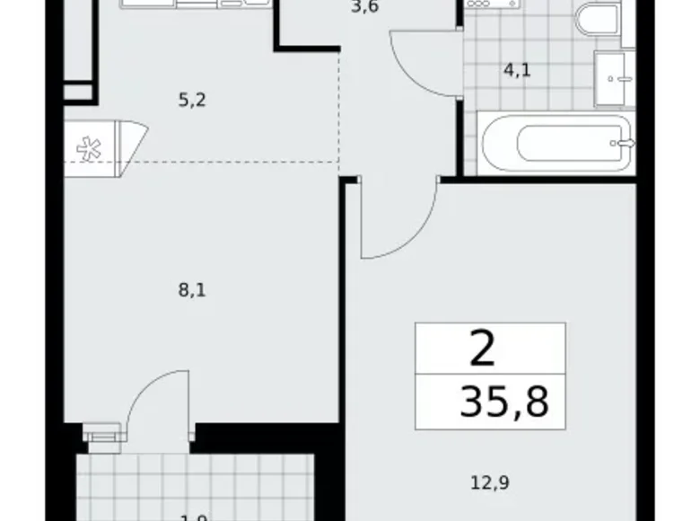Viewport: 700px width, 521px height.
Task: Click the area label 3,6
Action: pos(360,13)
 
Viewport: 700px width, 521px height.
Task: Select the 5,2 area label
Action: pos(192,101)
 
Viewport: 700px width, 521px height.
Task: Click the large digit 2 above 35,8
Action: pos(482,349)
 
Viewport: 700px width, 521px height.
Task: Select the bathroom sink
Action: pos(615,79)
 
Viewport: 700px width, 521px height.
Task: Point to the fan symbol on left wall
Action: pos(91,150)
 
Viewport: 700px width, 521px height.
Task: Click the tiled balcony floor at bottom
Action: pos(193,485)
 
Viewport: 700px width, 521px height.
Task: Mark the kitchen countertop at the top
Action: pos(197,4)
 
